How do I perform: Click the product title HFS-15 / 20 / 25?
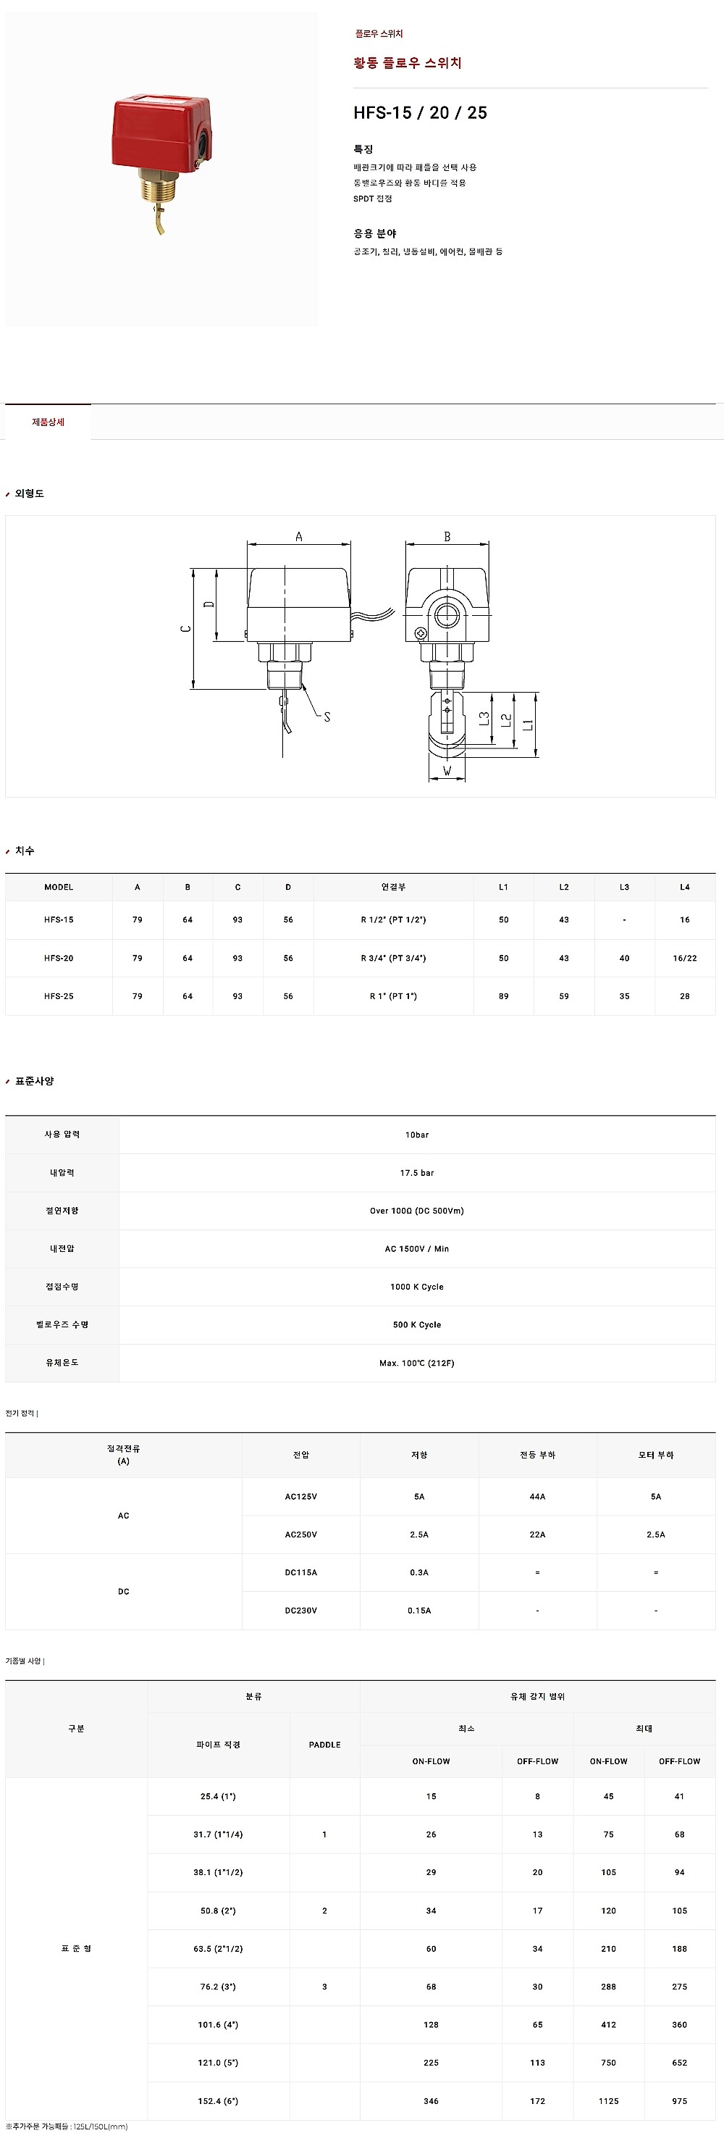[420, 113]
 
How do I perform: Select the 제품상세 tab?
[49, 422]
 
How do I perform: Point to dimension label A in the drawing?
[298, 537]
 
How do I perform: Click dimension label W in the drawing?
[447, 770]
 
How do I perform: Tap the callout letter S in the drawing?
[327, 717]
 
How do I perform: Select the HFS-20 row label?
[59, 959]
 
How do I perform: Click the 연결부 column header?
[393, 888]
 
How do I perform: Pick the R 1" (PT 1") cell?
[393, 997]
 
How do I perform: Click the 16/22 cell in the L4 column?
[684, 959]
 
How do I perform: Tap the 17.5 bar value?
[416, 1173]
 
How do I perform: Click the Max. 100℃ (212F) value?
[416, 1363]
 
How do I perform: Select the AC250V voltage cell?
[301, 1535]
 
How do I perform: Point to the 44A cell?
[536, 1497]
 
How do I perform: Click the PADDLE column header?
[324, 1745]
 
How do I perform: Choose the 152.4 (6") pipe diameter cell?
[218, 2100]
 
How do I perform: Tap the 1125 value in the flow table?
[609, 2100]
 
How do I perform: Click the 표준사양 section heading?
[34, 1081]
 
